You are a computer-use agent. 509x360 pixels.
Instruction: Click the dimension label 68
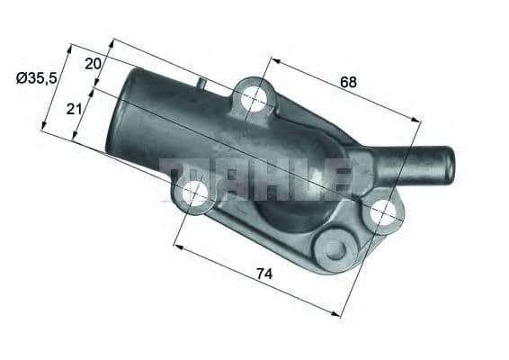point(348,82)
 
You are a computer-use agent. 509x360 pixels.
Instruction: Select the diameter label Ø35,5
point(37,79)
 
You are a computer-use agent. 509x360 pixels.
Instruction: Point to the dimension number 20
point(93,63)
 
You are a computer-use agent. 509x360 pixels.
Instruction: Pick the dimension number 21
point(74,108)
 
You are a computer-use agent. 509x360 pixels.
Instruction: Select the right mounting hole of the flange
point(381,212)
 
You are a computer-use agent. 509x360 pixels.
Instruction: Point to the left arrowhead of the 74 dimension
point(176,246)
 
